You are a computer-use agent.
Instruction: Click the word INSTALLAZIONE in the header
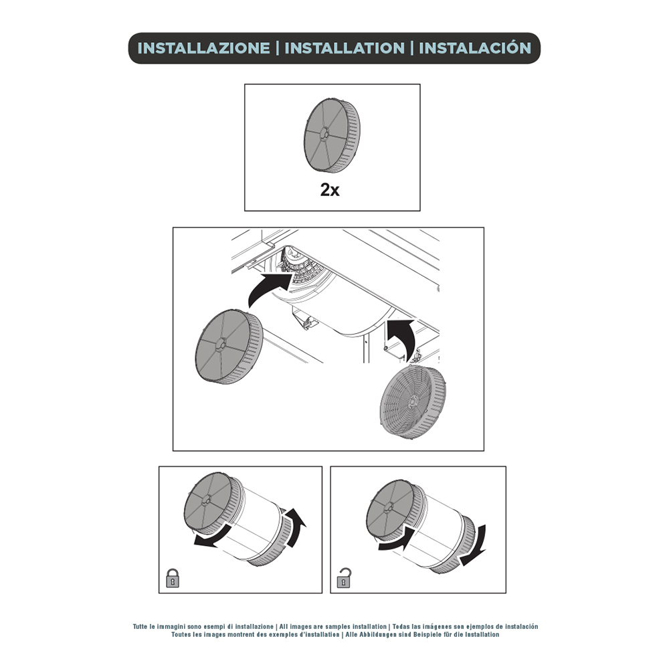[203, 48]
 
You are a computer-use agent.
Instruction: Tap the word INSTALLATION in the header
[345, 48]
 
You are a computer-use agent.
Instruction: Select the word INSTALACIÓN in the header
[475, 47]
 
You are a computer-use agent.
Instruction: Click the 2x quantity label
[330, 190]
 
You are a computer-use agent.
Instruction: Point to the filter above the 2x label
[332, 136]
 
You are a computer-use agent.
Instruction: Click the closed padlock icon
[173, 578]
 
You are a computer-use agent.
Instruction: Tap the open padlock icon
[344, 578]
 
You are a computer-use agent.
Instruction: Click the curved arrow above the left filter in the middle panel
[267, 287]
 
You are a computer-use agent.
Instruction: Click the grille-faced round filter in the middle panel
[413, 401]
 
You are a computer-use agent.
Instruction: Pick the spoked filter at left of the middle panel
[229, 347]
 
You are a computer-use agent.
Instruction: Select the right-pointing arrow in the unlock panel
[395, 539]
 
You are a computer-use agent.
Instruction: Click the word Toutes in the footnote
[181, 634]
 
